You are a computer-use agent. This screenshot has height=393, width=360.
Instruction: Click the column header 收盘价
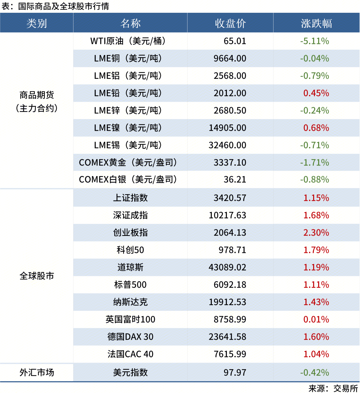pyautogui.click(x=230, y=23)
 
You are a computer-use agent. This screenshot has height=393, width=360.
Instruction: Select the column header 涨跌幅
pyautogui.click(x=316, y=23)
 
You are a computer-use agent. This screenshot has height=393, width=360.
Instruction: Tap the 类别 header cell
pyautogui.click(x=37, y=23)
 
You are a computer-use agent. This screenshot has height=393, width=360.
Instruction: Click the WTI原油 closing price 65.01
pyautogui.click(x=235, y=41)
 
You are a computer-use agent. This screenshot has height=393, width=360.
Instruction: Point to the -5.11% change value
pyautogui.click(x=315, y=41)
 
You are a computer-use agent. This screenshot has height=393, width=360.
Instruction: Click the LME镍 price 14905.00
pyautogui.click(x=227, y=128)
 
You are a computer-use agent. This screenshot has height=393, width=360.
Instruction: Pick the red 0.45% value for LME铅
pyautogui.click(x=316, y=93)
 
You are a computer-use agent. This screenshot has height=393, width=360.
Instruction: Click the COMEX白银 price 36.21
pyautogui.click(x=235, y=179)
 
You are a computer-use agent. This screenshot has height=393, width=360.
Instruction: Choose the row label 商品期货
pyautogui.click(x=37, y=95)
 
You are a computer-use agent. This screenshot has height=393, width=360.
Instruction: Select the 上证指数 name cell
pyautogui.click(x=130, y=198)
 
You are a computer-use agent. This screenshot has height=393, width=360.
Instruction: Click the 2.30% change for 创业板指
pyautogui.click(x=316, y=233)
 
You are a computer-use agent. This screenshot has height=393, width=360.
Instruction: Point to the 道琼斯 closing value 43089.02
pyautogui.click(x=227, y=267)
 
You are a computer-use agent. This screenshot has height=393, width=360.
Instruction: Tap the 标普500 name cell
pyautogui.click(x=130, y=285)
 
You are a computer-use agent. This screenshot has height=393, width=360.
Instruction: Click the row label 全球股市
pyautogui.click(x=37, y=276)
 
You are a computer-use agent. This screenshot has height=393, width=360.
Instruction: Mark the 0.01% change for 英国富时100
pyautogui.click(x=316, y=320)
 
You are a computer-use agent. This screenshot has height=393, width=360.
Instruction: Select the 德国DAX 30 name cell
pyautogui.click(x=130, y=337)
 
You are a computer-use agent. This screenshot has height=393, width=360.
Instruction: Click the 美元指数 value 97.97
pyautogui.click(x=235, y=373)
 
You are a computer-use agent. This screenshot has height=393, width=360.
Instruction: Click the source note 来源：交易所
pyautogui.click(x=333, y=388)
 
